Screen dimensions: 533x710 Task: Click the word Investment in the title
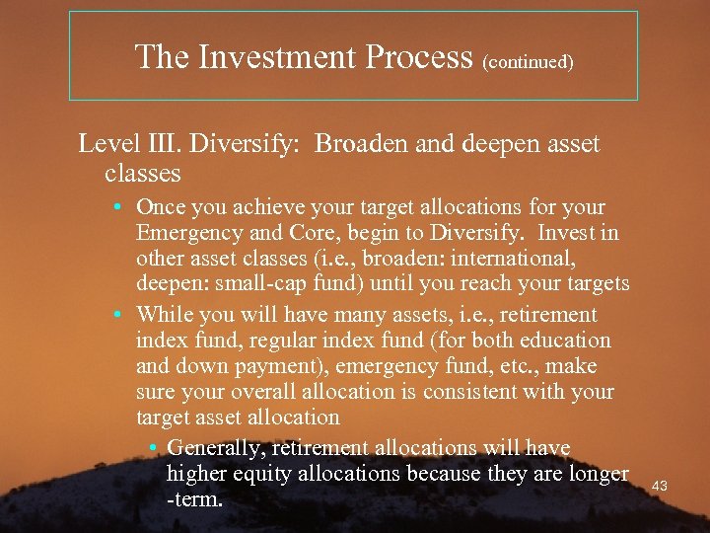click(x=279, y=57)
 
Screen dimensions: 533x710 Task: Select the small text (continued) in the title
click(x=528, y=61)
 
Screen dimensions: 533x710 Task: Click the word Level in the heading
click(x=106, y=144)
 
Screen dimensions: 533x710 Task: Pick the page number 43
click(x=660, y=486)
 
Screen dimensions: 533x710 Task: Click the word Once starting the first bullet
click(x=163, y=208)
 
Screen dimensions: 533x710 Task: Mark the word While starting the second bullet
click(x=166, y=315)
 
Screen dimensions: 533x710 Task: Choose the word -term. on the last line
click(x=195, y=499)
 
